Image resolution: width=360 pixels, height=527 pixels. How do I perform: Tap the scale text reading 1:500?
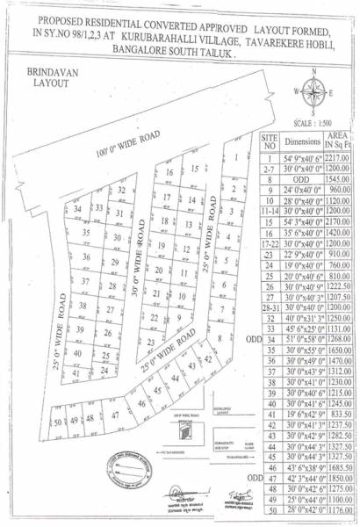click(x=313, y=122)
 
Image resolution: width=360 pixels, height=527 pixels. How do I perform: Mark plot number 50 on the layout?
click(x=58, y=422)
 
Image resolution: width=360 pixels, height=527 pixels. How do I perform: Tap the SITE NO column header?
click(x=270, y=141)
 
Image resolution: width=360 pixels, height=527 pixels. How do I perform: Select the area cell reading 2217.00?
click(x=340, y=157)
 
